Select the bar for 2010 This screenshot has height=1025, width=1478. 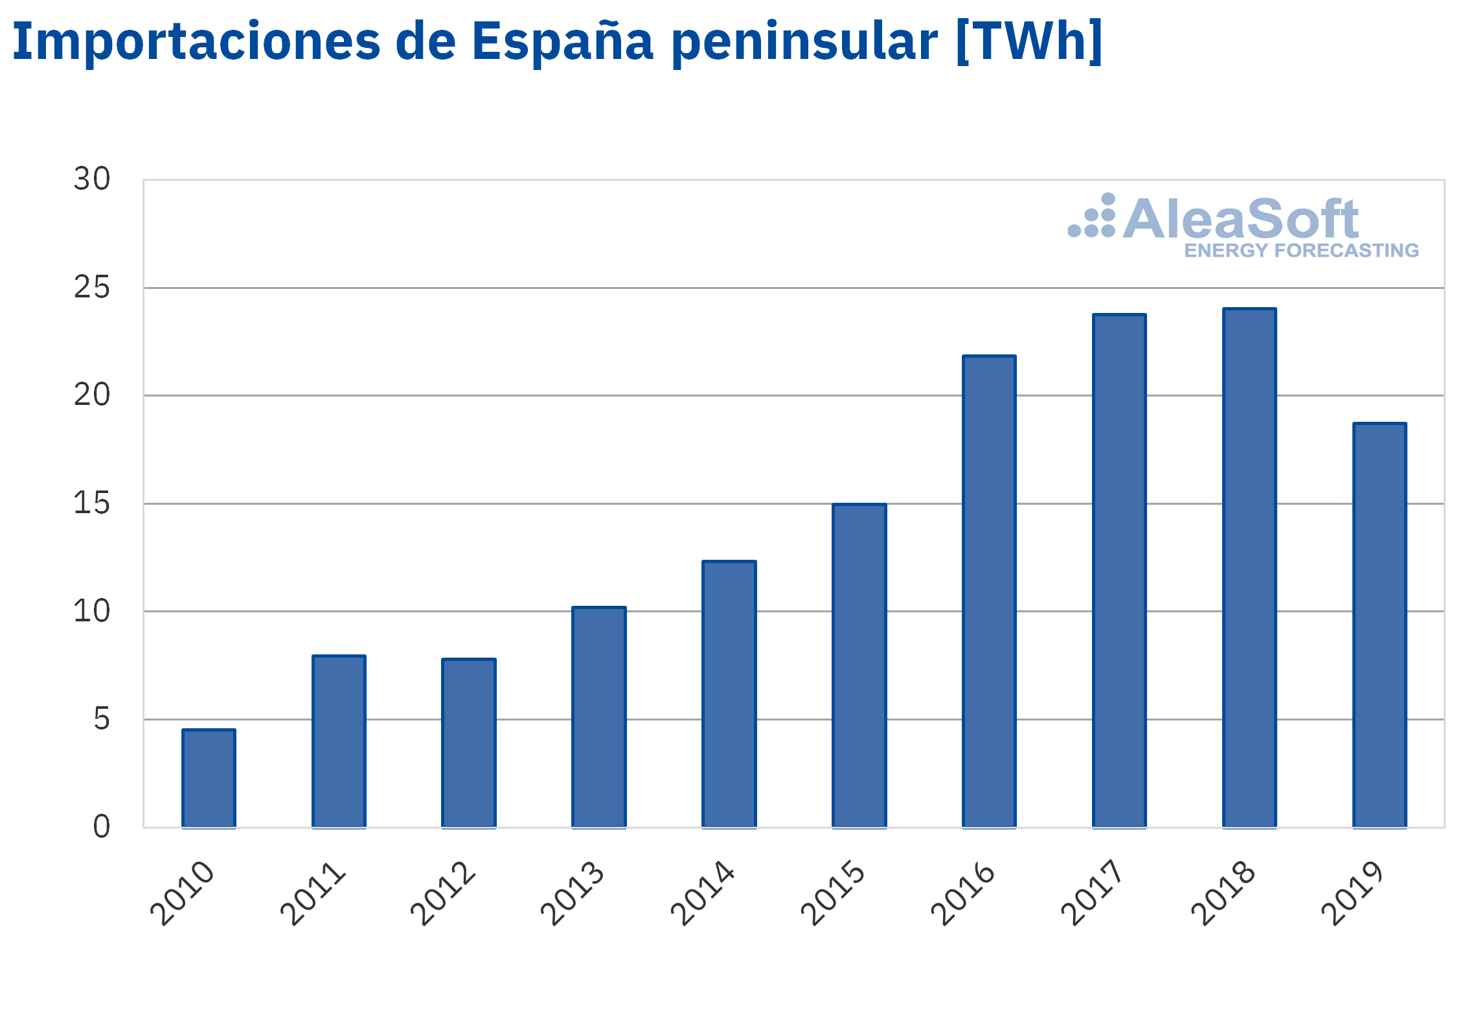209,778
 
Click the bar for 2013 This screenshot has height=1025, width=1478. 599,717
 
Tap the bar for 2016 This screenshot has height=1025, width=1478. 989,592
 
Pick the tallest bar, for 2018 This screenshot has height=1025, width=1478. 1249,568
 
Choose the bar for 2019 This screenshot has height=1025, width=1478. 1380,625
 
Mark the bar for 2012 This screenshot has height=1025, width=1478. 469,743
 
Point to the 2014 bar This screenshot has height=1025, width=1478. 729,694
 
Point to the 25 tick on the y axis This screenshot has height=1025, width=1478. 92,287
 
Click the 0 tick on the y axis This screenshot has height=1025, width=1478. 102,827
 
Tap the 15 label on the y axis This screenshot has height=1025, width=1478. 92,503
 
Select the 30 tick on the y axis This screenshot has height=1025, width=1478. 92,179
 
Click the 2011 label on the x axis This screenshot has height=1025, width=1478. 312,893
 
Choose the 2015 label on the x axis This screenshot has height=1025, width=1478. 832,893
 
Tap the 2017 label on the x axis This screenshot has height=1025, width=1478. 1092,893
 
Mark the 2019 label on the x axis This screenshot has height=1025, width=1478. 1352,893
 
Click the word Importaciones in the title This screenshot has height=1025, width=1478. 196,41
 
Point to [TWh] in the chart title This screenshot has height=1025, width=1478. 1029,41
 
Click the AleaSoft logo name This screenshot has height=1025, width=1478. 1241,218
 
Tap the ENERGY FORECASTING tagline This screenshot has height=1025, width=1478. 1302,251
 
